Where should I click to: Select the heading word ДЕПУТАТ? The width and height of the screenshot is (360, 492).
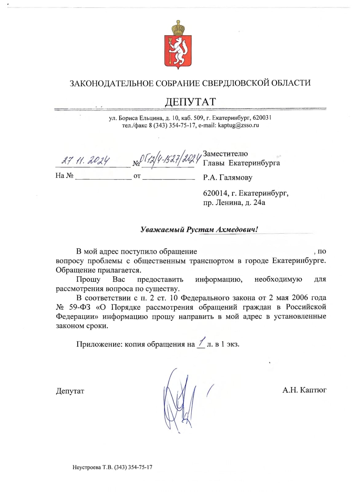[191, 102]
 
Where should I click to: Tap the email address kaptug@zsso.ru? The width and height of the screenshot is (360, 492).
[238, 125]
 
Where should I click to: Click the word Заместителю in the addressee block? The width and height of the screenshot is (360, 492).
[225, 154]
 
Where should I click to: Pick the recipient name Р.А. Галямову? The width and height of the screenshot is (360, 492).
[227, 177]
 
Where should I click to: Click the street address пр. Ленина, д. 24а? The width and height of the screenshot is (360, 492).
[234, 203]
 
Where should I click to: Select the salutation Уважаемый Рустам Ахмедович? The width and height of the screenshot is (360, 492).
[199, 230]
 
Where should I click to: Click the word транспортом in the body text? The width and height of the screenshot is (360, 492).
[211, 261]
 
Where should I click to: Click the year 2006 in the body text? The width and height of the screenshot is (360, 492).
[300, 298]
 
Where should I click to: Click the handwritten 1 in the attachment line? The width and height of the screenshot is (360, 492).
[201, 343]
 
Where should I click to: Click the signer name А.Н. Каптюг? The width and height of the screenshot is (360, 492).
[304, 390]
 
